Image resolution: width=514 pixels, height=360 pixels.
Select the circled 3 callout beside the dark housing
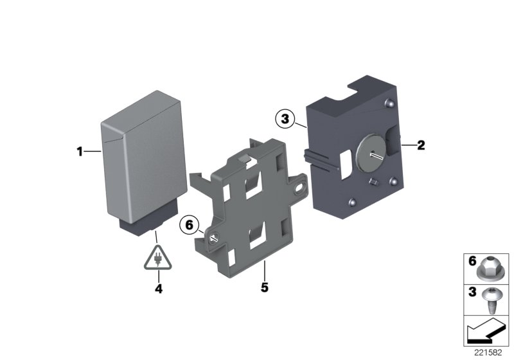pos(284,119)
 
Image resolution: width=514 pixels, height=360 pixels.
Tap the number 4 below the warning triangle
pos(158,289)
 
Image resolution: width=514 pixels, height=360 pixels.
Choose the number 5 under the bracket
pos(263,287)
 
